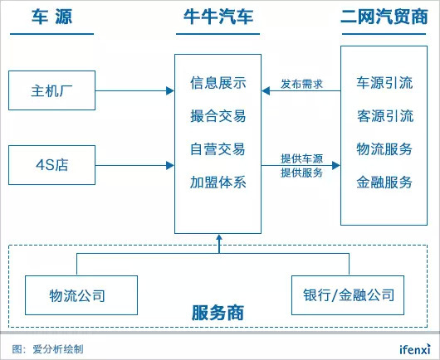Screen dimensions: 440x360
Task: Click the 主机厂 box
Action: point(52,90)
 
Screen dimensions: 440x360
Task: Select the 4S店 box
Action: point(52,165)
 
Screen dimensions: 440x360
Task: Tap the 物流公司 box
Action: point(81,295)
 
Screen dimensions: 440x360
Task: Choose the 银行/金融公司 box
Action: point(348,295)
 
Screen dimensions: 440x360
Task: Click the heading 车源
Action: point(52,17)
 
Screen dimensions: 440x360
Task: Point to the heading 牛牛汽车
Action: point(218,17)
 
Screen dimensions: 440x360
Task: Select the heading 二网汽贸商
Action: point(384,17)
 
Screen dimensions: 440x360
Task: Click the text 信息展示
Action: point(218,83)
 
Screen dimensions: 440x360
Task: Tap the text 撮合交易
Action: point(218,116)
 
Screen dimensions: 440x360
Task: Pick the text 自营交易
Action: point(218,148)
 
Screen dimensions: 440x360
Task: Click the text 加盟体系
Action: point(218,182)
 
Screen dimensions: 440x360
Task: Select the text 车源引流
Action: point(384,83)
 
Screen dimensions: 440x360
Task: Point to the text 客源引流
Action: point(384,116)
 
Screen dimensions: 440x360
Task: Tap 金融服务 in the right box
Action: point(384,182)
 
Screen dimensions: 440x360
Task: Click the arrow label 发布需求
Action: point(301,84)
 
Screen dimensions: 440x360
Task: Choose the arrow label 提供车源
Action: point(301,158)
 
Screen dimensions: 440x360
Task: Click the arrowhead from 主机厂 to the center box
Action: point(170,90)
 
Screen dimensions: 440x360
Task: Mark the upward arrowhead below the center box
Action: point(219,237)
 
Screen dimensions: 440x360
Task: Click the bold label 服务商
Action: point(218,313)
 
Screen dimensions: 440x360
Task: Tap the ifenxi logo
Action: point(415,349)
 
